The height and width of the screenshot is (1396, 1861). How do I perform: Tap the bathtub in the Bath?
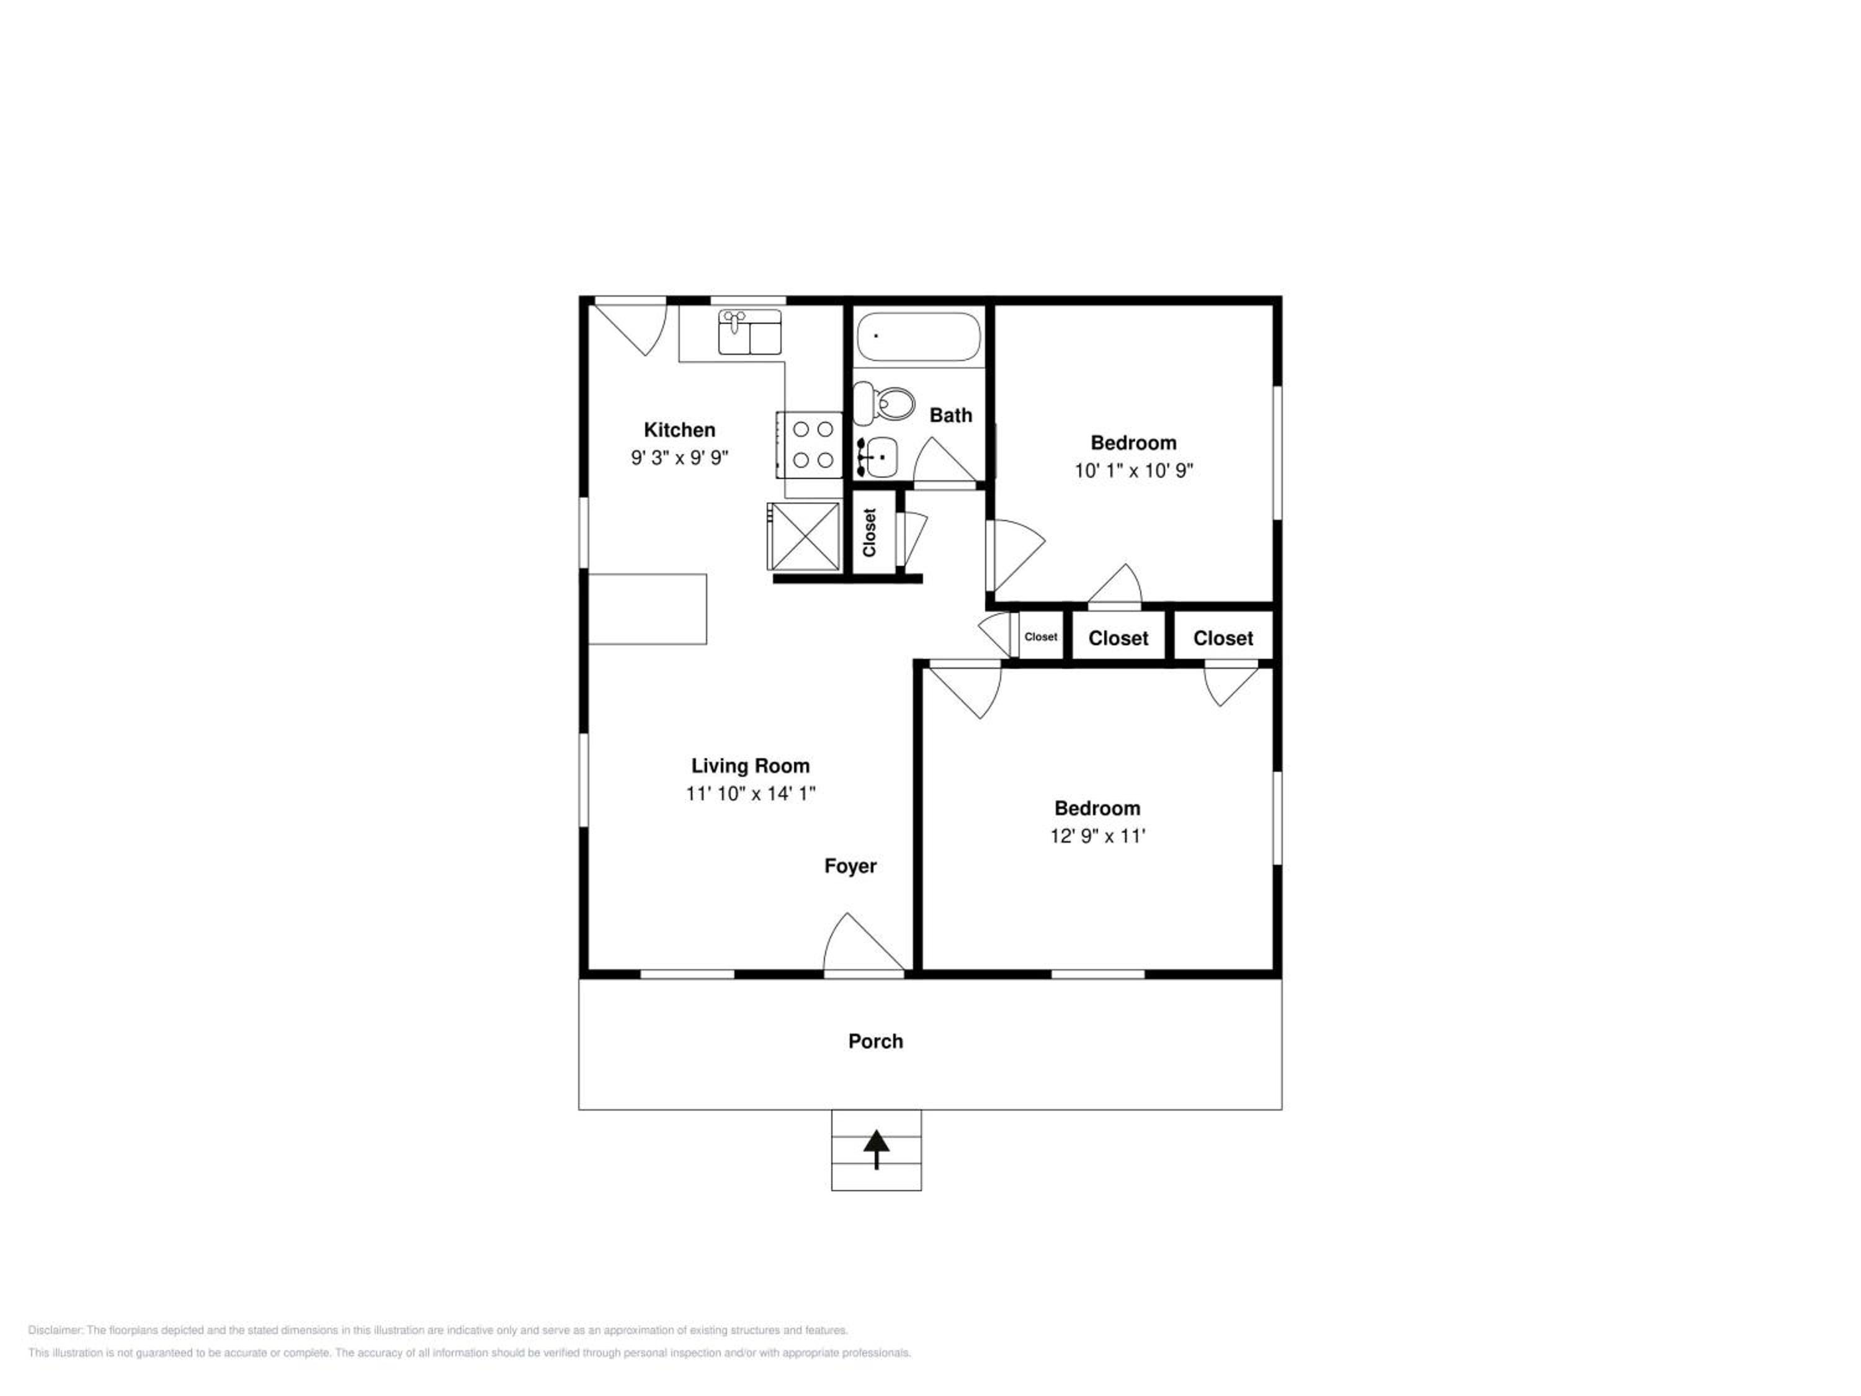tap(919, 336)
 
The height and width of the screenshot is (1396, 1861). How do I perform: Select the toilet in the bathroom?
tap(883, 404)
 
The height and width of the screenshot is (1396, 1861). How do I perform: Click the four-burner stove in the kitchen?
tap(808, 445)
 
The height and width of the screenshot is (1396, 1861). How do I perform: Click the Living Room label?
tap(751, 766)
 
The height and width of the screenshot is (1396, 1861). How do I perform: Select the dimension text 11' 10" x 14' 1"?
tap(751, 794)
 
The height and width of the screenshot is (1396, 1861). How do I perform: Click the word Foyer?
tap(850, 866)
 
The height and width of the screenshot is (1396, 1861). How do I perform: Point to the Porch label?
tap(876, 1041)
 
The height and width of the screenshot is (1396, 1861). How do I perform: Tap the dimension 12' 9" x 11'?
tap(1098, 836)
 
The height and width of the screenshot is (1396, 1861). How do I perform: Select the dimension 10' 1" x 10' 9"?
tap(1133, 470)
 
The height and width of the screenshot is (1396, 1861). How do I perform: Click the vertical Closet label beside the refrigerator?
tap(869, 532)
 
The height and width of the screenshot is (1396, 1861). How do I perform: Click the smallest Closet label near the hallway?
tap(1041, 637)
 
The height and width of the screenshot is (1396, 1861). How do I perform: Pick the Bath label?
tap(951, 415)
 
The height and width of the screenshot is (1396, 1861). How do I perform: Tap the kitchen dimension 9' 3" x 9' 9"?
tap(680, 458)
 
